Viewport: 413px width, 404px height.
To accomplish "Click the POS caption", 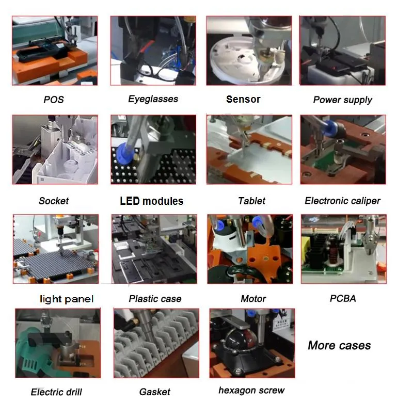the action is (54, 100).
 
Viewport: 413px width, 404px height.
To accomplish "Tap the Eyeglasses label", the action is (153, 99).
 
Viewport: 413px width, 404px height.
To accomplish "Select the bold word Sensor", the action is (243, 99).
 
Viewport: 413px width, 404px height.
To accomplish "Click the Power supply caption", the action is (342, 100).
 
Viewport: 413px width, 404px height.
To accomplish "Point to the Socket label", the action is (54, 201).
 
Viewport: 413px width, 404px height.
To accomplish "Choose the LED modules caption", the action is (151, 201).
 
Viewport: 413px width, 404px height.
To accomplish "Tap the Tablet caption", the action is (252, 201).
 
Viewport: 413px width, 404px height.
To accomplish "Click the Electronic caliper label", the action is (342, 201).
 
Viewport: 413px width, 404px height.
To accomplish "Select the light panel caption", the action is (67, 299).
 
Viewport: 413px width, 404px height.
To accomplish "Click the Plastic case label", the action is (155, 299).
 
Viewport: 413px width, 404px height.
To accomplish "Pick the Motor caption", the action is (253, 299).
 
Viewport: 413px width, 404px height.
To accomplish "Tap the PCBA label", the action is (343, 298).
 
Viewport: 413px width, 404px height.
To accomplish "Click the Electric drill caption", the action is (56, 392).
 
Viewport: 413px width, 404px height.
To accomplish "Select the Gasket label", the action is (154, 392).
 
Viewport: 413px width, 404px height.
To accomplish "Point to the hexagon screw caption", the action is (251, 390).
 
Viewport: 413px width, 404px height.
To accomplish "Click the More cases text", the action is (339, 345).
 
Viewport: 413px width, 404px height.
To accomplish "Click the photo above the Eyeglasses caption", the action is (153, 51).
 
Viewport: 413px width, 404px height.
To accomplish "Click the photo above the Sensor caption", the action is (249, 51).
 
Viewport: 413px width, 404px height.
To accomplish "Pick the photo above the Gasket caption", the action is (156, 343).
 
